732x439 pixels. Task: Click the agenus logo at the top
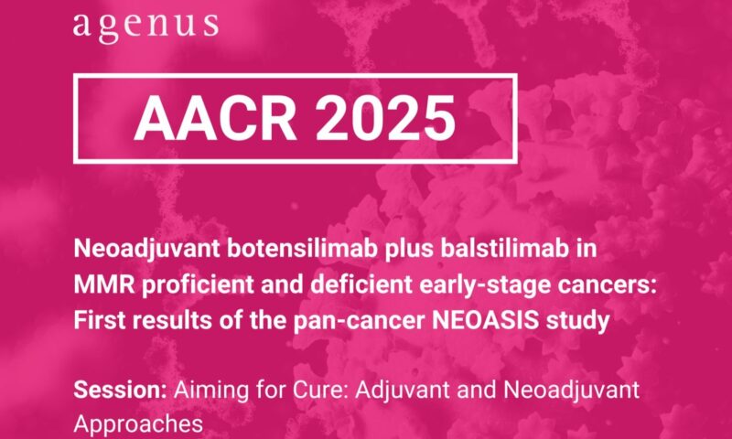pyautogui.click(x=145, y=25)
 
